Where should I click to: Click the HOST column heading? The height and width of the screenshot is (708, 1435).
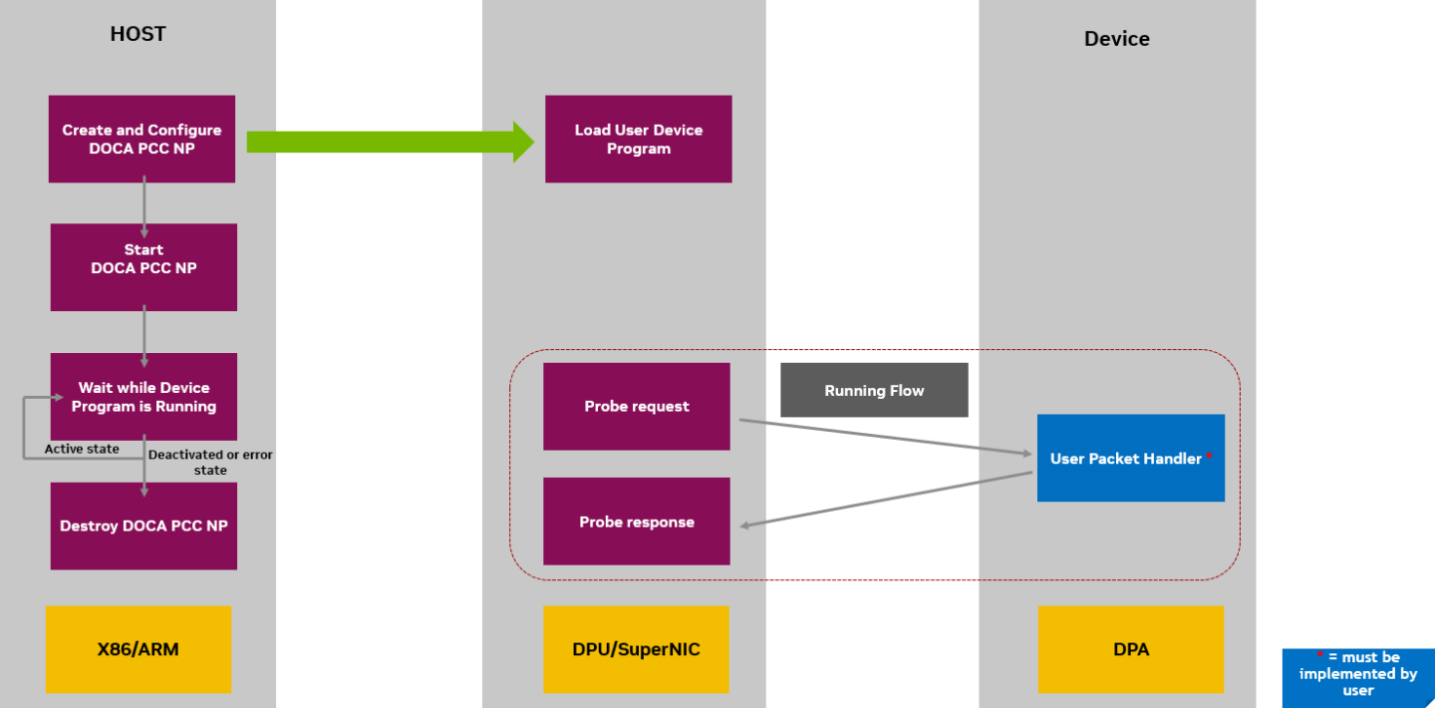pyautogui.click(x=138, y=34)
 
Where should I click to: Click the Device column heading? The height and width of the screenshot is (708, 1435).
pyautogui.click(x=1116, y=39)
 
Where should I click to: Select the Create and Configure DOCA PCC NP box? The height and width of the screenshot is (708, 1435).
pyautogui.click(x=142, y=139)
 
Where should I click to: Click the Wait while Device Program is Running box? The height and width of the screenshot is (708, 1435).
pyautogui.click(x=143, y=396)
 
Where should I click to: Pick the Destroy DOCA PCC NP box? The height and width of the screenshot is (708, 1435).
pyautogui.click(x=143, y=526)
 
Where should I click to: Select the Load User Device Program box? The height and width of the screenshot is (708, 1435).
pyautogui.click(x=638, y=139)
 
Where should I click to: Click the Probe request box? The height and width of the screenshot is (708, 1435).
pyautogui.click(x=636, y=406)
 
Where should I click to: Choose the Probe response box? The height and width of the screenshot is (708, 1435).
pyautogui.click(x=636, y=521)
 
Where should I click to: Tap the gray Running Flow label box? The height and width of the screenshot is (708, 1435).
pyautogui.click(x=873, y=390)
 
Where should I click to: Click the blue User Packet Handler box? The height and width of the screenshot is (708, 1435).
pyautogui.click(x=1130, y=458)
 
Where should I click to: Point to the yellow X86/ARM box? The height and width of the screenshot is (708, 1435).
pyautogui.click(x=138, y=649)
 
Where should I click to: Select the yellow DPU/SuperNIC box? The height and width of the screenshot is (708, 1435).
pyautogui.click(x=636, y=649)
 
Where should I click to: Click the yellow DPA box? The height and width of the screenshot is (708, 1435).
pyautogui.click(x=1130, y=649)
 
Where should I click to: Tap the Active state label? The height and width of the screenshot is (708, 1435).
pyautogui.click(x=82, y=449)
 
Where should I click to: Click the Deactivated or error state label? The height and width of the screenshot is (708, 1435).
pyautogui.click(x=209, y=462)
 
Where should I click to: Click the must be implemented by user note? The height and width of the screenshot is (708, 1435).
pyautogui.click(x=1357, y=673)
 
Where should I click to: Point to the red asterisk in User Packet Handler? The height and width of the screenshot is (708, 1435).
pyautogui.click(x=1209, y=456)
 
